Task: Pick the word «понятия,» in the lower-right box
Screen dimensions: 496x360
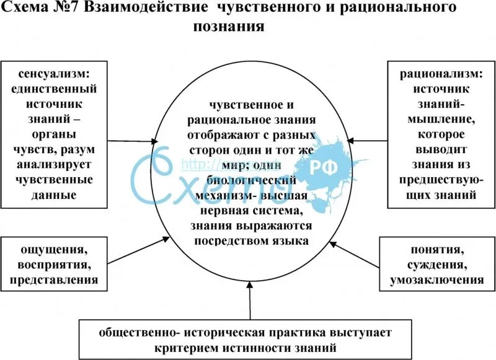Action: point(436,251)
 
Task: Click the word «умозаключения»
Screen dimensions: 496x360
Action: point(437,281)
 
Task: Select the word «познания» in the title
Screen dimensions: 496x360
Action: point(229,27)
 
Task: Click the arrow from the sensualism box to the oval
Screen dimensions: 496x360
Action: point(125,141)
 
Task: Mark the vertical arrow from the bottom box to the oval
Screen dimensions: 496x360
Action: point(250,304)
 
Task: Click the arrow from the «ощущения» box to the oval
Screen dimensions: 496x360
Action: point(133,248)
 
